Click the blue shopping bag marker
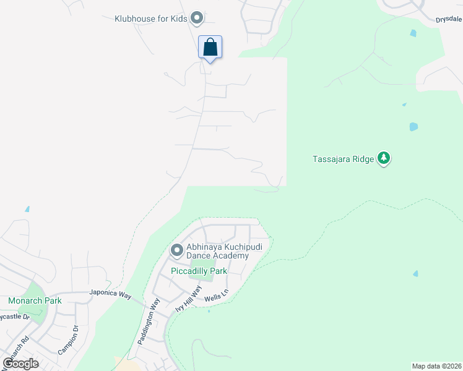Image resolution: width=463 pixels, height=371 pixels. point(210,47)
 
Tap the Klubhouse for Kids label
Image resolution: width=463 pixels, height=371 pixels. point(151,19)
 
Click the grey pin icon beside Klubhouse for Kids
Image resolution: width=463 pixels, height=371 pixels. point(197,18)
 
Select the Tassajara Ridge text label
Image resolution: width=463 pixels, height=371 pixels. point(342,159)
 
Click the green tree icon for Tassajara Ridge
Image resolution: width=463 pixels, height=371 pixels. point(384,158)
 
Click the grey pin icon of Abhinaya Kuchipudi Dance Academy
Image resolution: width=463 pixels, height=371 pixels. point(176,250)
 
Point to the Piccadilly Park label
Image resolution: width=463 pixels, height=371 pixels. point(198,271)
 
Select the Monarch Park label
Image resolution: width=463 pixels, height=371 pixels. point(35,301)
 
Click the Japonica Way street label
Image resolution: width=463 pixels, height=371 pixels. point(110,294)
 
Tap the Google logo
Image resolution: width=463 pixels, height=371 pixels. point(20,363)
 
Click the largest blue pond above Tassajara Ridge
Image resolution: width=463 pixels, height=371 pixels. point(413,127)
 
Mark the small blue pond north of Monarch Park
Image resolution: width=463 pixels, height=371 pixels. point(27,209)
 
